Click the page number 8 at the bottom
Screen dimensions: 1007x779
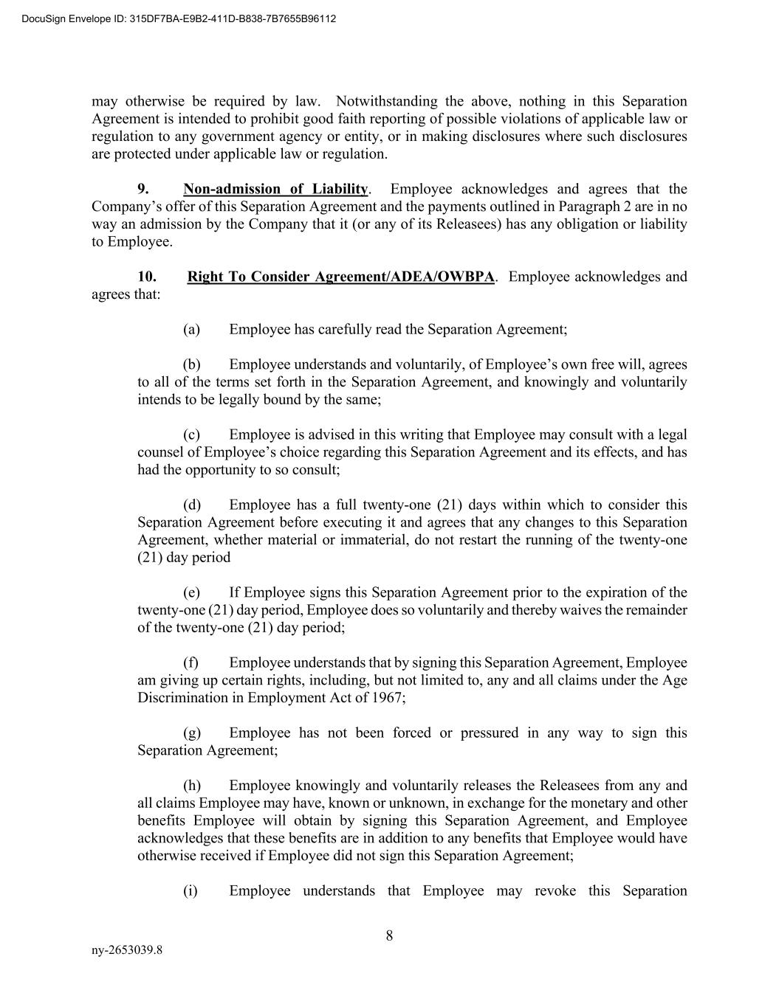click(x=389, y=936)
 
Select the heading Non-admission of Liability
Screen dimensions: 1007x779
click(x=275, y=189)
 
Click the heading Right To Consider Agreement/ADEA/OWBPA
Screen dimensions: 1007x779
click(x=340, y=277)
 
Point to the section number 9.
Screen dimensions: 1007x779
click(x=143, y=189)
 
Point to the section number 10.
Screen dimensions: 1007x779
click(x=147, y=277)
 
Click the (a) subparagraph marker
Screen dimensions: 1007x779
click(x=191, y=329)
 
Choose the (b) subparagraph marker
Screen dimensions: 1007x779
click(x=191, y=364)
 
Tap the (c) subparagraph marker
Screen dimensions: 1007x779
click(x=191, y=435)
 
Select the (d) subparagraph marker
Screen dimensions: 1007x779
click(x=191, y=505)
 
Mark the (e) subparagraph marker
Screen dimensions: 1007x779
click(x=191, y=592)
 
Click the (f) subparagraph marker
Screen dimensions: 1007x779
click(x=191, y=662)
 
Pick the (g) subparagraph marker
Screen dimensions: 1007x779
click(x=191, y=733)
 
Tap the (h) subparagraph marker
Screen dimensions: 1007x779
click(x=191, y=785)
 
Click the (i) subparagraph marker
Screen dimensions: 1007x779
click(x=191, y=890)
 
